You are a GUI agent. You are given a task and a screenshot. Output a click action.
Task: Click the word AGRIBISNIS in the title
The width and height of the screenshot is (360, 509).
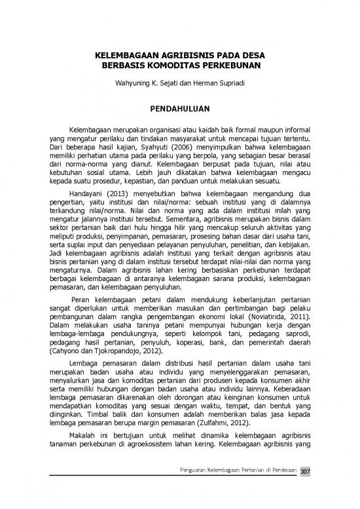point(183,56)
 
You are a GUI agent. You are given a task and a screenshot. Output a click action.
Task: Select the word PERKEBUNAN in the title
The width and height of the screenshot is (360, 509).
point(226,66)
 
